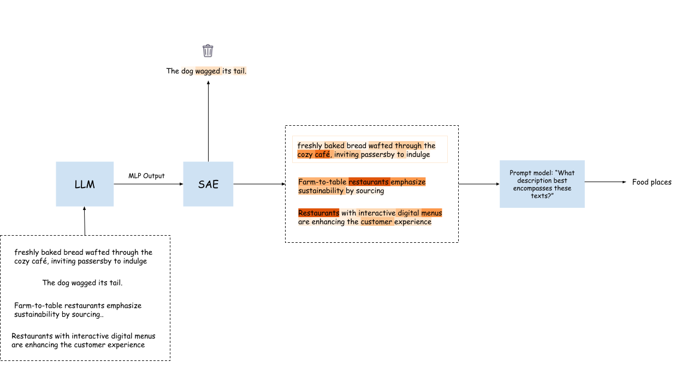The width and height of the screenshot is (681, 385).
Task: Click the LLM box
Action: tap(85, 184)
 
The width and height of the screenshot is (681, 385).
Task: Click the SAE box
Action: tap(208, 184)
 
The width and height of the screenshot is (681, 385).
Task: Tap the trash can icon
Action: tap(208, 51)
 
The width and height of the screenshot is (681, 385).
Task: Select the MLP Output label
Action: tap(146, 176)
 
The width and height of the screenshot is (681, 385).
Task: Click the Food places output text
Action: tap(652, 182)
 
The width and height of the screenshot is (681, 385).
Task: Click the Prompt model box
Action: tap(542, 184)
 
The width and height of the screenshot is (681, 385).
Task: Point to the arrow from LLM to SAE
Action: tap(148, 184)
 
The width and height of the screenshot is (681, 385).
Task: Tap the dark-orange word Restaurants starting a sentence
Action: tap(318, 213)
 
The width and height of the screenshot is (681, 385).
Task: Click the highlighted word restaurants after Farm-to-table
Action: tap(369, 182)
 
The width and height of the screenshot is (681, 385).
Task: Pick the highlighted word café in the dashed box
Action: tap(322, 154)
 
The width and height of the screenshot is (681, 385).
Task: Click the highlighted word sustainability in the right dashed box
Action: tap(321, 191)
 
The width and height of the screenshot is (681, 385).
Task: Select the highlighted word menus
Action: tap(431, 213)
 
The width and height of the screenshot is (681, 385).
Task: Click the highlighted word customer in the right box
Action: tap(376, 221)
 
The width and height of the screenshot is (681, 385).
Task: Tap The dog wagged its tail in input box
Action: tap(82, 283)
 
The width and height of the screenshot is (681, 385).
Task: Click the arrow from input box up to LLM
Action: tap(85, 221)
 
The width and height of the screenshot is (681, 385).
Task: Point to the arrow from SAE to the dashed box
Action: tap(259, 184)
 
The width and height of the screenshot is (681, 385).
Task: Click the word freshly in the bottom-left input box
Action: tap(26, 253)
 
